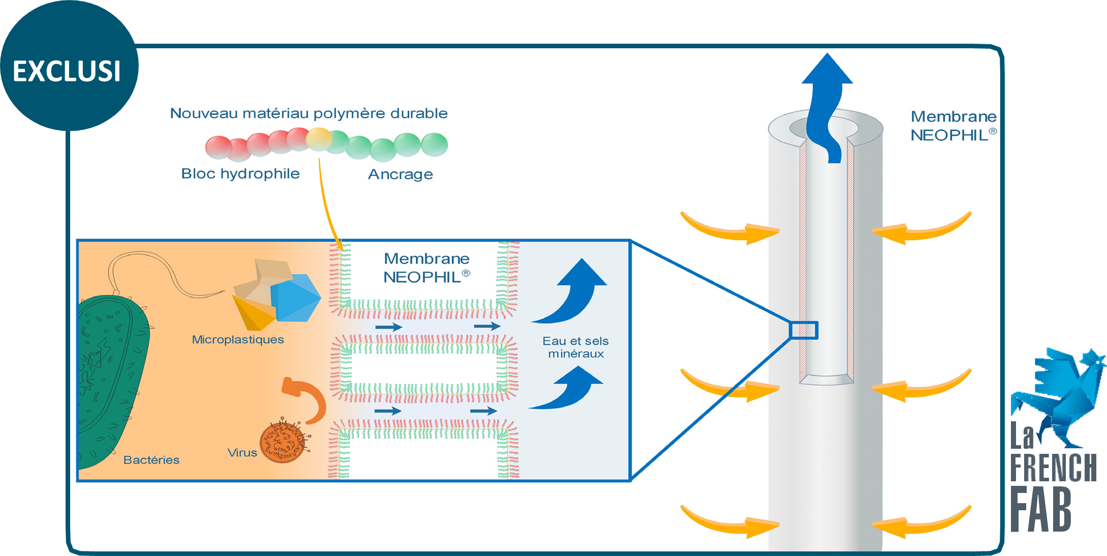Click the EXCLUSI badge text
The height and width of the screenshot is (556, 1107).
tap(67, 71)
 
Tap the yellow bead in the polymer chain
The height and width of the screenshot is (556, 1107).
tap(319, 139)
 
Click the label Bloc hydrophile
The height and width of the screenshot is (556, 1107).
tap(240, 174)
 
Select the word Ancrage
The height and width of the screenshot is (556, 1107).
tap(401, 174)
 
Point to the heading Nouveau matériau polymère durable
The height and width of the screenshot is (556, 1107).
tap(309, 113)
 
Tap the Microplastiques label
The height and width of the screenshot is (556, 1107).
tap(238, 339)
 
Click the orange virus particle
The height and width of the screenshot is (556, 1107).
tap(283, 441)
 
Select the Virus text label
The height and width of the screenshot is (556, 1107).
tap(242, 453)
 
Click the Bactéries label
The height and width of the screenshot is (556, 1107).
tap(151, 460)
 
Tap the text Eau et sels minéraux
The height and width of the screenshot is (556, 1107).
tap(575, 348)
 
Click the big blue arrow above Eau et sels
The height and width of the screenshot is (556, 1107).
tap(574, 292)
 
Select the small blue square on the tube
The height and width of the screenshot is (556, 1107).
tap(804, 330)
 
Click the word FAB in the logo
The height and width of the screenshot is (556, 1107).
tap(1040, 509)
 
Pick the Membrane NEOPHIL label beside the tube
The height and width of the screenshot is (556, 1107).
tap(953, 126)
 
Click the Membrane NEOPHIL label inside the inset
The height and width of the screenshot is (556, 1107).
tap(426, 268)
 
